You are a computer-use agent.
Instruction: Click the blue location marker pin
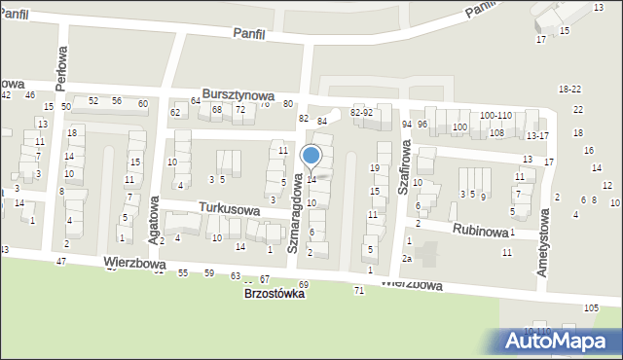[311, 157]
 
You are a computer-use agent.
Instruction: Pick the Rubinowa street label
[480, 230]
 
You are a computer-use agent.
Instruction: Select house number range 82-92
[361, 113]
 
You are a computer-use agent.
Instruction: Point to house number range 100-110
[495, 116]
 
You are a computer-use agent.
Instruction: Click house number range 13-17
[537, 135]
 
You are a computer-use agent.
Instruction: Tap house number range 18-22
[569, 89]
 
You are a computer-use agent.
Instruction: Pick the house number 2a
[408, 259]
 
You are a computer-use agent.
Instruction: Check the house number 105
[591, 308]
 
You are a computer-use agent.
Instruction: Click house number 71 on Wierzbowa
[359, 291]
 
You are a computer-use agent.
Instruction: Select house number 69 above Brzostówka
[303, 284]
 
